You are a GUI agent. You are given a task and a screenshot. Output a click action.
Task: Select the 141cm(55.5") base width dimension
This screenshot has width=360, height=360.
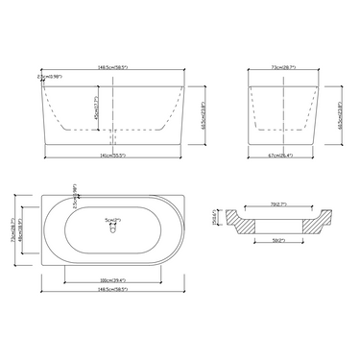(113, 155)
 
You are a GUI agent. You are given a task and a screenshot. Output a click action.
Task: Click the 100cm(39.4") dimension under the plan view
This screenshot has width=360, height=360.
(113, 281)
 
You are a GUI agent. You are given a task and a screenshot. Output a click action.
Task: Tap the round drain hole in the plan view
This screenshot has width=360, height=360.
(111, 229)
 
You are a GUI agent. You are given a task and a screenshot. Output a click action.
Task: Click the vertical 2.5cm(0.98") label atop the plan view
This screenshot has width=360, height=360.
(75, 193)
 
